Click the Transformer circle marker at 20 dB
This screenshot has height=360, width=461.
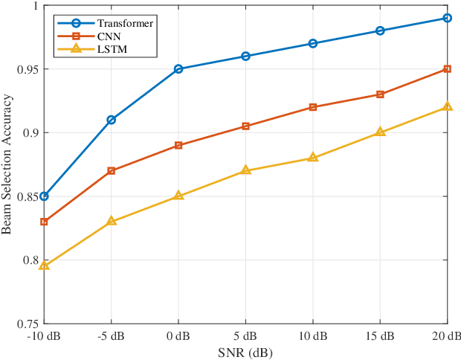(x=447, y=18)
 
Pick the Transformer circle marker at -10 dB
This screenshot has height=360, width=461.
(x=44, y=196)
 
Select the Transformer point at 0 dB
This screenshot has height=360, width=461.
(x=178, y=69)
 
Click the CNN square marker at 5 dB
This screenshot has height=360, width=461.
(x=245, y=126)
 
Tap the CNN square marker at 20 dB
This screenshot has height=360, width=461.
(x=447, y=69)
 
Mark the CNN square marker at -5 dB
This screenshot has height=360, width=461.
(x=112, y=171)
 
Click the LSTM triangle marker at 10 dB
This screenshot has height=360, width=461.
(x=312, y=158)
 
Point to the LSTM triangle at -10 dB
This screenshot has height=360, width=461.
(x=44, y=266)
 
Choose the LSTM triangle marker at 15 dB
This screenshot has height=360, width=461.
(x=380, y=132)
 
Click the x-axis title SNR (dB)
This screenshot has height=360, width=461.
(x=245, y=352)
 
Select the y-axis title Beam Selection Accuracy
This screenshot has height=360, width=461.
(x=7, y=164)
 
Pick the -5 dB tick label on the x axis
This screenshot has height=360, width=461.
(x=112, y=335)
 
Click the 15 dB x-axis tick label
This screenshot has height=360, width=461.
(x=380, y=335)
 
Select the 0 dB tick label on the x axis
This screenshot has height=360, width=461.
(x=178, y=335)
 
